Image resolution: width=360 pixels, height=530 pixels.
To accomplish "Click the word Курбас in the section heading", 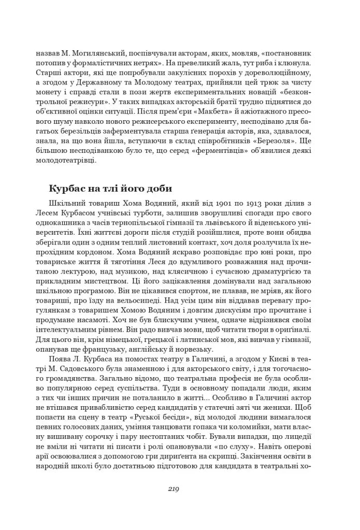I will tap(70, 188).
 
